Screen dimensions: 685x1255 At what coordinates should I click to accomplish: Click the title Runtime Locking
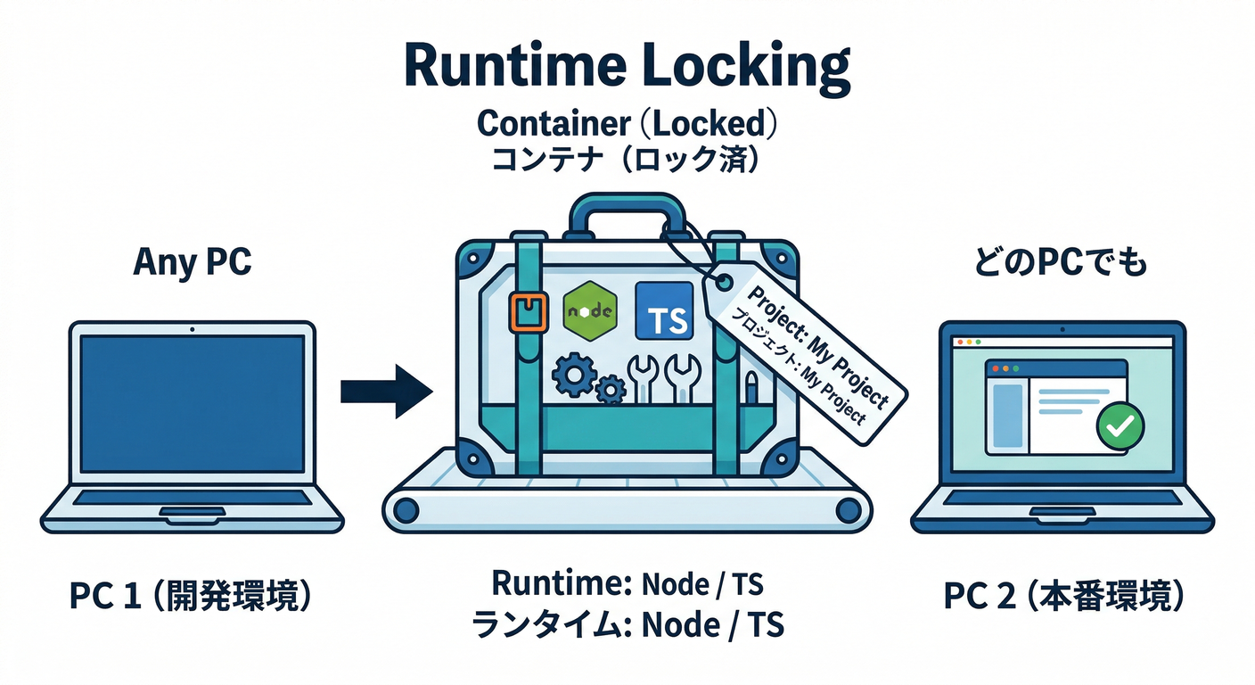tap(627, 67)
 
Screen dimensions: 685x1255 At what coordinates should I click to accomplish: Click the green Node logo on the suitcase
tap(590, 309)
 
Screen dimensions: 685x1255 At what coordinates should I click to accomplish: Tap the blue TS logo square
tap(664, 310)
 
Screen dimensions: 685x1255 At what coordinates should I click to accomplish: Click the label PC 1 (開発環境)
tap(192, 597)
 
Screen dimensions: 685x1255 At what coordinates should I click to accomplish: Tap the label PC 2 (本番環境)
tap(1063, 597)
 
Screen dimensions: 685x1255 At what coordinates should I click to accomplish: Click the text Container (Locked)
tap(627, 123)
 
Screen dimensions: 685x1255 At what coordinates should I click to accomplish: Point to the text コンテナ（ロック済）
tap(627, 161)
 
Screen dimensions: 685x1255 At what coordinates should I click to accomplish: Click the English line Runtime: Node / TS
tap(627, 584)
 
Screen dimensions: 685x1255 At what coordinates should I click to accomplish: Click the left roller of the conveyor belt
tap(406, 510)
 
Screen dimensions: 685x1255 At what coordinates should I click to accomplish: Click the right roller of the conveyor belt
tap(849, 510)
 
